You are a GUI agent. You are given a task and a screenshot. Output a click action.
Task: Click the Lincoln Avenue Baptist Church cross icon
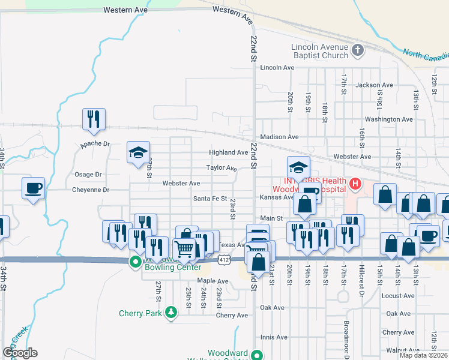point(358,50)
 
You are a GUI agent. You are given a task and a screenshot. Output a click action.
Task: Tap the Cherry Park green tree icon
point(172,313)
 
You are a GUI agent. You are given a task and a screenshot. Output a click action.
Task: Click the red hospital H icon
point(355,184)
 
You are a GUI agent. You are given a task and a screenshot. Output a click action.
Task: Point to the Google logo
point(20,353)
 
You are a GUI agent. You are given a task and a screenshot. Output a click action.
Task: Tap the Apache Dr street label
point(95,145)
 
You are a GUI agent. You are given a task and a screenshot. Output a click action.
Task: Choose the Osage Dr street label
point(88,175)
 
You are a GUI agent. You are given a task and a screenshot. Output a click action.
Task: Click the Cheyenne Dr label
point(89,190)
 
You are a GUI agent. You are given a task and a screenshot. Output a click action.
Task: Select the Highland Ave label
point(228,153)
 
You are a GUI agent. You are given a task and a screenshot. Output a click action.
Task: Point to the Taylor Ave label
point(222,168)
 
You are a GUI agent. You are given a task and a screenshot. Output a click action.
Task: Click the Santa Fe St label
point(210,199)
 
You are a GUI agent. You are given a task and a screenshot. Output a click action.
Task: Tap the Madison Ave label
point(279,137)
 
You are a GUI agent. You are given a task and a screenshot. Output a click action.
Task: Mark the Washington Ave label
point(389,119)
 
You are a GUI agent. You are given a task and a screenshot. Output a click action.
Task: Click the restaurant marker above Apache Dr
point(94,119)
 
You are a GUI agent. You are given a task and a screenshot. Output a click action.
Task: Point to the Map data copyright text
point(423,355)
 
